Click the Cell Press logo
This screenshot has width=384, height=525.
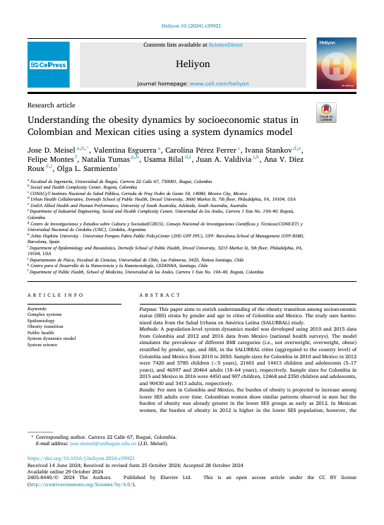pos(49,65)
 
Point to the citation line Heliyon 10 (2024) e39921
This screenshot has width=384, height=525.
pos(191,25)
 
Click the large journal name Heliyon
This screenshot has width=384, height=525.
pos(192,64)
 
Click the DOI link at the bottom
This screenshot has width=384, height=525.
pos(75,458)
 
